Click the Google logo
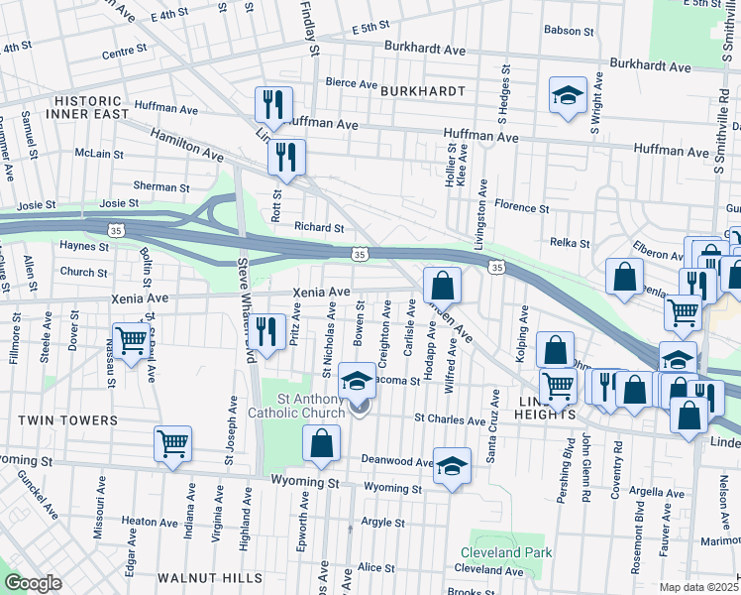pyautogui.click(x=33, y=583)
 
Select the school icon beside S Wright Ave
pyautogui.click(x=568, y=96)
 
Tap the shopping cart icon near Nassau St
pyautogui.click(x=131, y=341)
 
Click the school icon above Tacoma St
pyautogui.click(x=358, y=380)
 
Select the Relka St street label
pyautogui.click(x=570, y=243)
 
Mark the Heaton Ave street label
pyautogui.click(x=149, y=521)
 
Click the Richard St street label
pyautogui.click(x=318, y=227)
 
